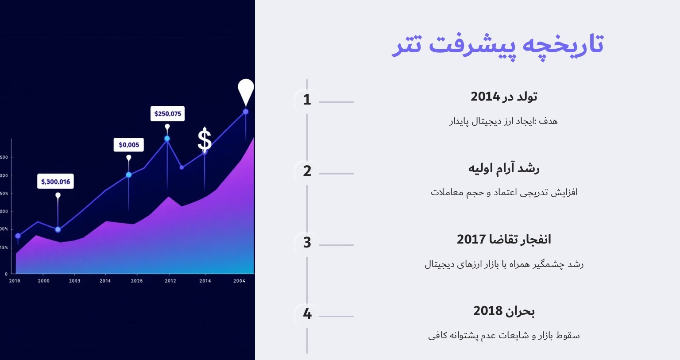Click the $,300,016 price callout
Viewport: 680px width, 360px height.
coord(55,182)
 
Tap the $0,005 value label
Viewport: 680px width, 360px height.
coord(129,145)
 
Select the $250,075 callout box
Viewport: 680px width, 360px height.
coord(167,114)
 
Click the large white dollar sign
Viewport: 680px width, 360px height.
coord(204,139)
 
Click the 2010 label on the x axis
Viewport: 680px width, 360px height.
coord(15,281)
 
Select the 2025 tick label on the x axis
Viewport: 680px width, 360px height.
coord(137,281)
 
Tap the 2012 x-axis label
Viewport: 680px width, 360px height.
coord(170,281)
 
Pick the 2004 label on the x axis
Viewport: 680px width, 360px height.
coord(240,281)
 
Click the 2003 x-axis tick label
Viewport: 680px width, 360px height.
coord(75,281)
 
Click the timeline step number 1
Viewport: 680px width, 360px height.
coord(307,100)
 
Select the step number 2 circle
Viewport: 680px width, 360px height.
coord(307,171)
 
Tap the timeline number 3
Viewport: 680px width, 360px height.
coord(307,243)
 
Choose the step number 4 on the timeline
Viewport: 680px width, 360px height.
coord(307,314)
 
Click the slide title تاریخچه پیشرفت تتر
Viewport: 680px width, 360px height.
coord(498,45)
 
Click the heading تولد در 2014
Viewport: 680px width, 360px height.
coord(504,97)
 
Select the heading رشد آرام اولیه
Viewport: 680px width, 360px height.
coord(504,168)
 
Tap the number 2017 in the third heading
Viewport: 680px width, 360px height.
coord(471,240)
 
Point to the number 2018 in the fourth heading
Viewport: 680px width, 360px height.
coord(487,311)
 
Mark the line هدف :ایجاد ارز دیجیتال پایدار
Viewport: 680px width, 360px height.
coord(504,121)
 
